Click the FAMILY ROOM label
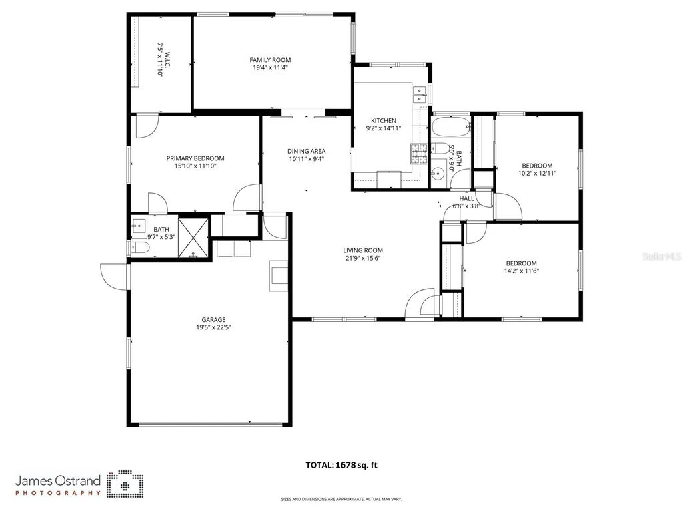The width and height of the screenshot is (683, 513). click(x=270, y=60)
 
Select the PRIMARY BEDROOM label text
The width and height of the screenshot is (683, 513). click(x=195, y=158)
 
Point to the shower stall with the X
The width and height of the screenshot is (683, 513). click(x=193, y=237)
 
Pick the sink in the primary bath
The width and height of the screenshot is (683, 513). click(x=139, y=224)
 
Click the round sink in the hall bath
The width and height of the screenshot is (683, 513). click(x=438, y=175)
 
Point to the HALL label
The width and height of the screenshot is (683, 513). click(x=466, y=198)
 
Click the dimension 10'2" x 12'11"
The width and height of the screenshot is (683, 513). click(x=538, y=173)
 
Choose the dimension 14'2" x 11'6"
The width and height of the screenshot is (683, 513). click(x=521, y=271)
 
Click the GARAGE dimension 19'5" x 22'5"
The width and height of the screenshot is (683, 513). click(x=213, y=327)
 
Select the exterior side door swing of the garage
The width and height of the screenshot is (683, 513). click(x=113, y=277)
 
